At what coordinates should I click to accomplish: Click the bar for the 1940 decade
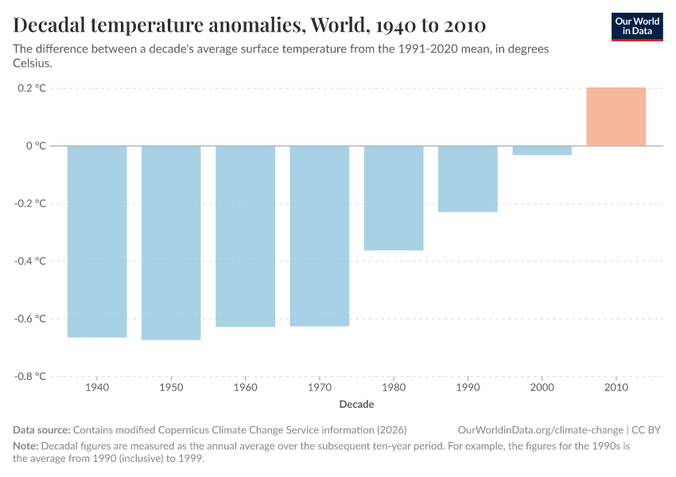point(97,241)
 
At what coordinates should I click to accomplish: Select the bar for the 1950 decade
point(171,242)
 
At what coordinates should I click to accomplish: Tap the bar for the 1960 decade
point(245,236)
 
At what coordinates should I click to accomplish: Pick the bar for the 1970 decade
point(319,235)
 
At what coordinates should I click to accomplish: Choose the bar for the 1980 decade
point(394,198)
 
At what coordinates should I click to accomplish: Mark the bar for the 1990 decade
point(468,179)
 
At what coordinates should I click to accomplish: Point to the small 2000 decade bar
point(542,150)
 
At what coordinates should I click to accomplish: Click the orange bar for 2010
point(616,117)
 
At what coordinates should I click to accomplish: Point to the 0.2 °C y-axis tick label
point(31,88)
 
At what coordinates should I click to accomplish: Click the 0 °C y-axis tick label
point(36,145)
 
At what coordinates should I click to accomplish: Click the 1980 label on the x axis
point(394,389)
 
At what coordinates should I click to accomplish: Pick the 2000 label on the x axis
point(542,389)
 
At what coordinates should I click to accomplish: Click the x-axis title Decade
point(356,405)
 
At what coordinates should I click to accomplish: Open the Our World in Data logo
point(636,26)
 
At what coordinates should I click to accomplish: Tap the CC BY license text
point(646,430)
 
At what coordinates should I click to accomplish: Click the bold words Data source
point(41,430)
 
